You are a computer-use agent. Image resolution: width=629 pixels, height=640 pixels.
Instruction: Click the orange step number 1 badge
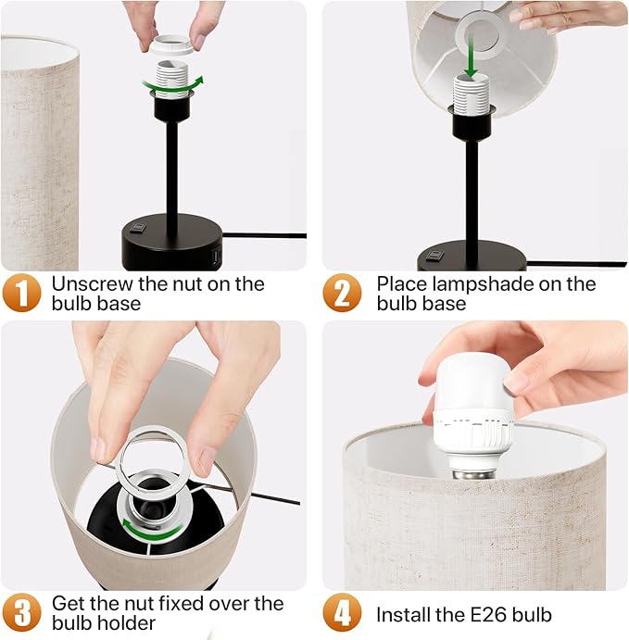[x=22, y=293]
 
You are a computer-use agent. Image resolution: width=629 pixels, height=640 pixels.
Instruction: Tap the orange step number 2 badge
[x=342, y=293]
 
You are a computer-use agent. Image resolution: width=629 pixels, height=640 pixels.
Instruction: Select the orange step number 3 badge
[x=22, y=612]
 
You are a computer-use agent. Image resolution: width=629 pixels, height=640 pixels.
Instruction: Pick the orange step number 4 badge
[x=342, y=612]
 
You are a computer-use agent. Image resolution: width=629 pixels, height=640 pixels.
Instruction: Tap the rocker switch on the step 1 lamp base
[x=138, y=226]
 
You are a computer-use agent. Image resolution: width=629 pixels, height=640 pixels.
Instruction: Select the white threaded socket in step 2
[x=472, y=93]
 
